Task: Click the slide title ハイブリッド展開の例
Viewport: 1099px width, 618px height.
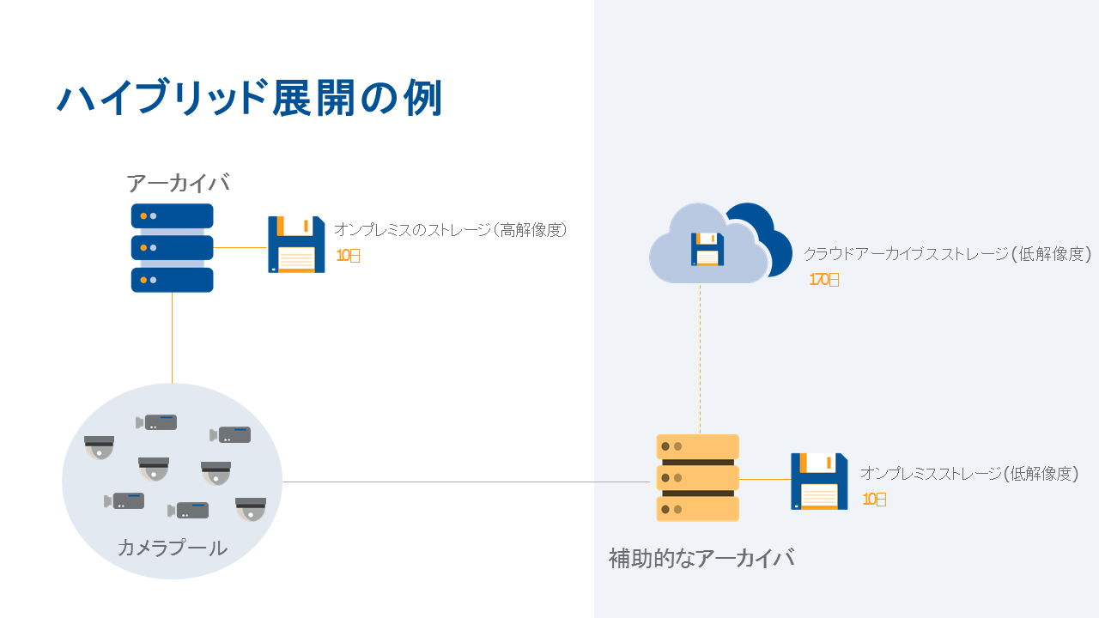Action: click(x=249, y=99)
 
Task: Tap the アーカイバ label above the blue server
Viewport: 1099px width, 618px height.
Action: click(x=178, y=183)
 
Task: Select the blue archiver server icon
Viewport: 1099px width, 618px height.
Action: click(x=172, y=248)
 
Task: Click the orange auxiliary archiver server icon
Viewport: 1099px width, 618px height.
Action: click(x=697, y=477)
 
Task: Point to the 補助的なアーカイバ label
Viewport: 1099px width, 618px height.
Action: click(x=701, y=558)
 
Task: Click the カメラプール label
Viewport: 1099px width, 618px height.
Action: click(x=172, y=548)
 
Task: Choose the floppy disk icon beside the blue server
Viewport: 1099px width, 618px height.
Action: click(x=296, y=245)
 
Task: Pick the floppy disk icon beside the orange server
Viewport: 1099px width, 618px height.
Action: click(x=819, y=482)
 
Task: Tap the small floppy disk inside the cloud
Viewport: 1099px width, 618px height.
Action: click(x=707, y=249)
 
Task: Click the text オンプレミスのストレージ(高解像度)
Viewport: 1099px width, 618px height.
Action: click(x=451, y=230)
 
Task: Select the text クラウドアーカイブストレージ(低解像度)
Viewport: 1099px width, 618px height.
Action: click(x=947, y=254)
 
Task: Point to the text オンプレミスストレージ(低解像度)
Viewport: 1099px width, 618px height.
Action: click(x=968, y=474)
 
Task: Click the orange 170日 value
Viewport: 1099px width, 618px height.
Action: click(x=824, y=280)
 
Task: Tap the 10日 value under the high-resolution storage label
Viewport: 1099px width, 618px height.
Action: click(x=348, y=255)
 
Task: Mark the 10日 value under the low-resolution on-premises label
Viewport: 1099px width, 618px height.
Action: click(x=874, y=499)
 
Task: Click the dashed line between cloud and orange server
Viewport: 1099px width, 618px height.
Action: click(x=700, y=360)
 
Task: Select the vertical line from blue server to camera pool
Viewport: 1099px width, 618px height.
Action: click(x=172, y=339)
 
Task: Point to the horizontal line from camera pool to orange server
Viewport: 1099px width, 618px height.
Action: click(x=464, y=482)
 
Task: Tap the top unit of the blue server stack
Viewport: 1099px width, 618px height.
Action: click(x=172, y=215)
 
